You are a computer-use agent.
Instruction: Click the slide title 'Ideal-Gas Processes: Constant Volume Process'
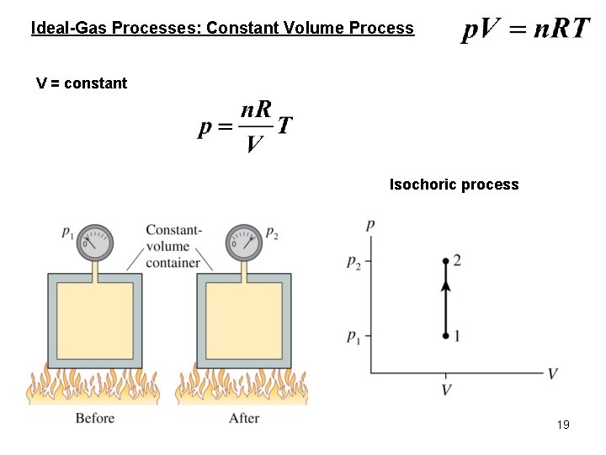222,28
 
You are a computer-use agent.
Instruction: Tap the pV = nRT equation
526,29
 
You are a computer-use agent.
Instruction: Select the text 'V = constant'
82,83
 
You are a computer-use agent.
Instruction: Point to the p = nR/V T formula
246,128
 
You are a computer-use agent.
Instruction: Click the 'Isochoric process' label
454,185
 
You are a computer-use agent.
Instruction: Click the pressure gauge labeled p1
94,244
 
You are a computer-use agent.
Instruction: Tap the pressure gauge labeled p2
243,244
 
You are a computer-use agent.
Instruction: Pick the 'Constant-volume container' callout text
173,246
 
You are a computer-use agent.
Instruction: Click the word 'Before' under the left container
94,419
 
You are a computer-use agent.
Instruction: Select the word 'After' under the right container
244,419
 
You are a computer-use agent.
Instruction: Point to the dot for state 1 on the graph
445,336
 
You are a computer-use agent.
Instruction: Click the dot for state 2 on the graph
445,261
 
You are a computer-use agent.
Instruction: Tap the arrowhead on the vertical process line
445,286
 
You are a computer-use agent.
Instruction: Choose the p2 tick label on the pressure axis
354,262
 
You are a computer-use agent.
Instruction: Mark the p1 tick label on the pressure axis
354,337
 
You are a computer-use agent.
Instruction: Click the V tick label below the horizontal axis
445,390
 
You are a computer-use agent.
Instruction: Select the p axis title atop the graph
370,225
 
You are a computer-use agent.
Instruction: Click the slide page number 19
563,425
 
